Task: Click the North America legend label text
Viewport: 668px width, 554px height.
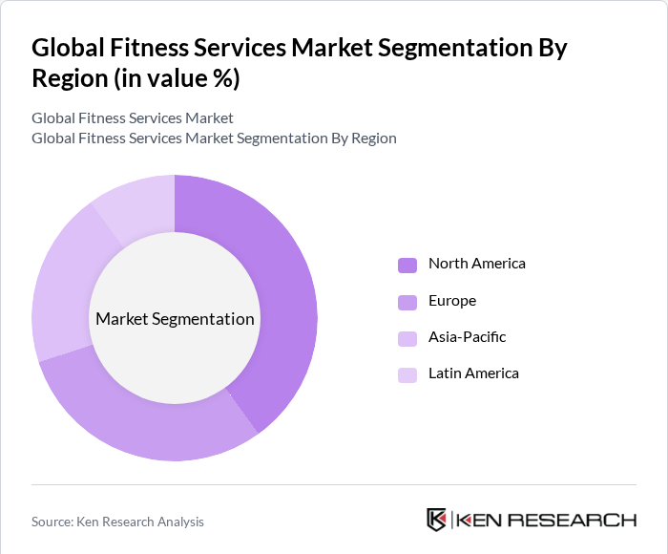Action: click(x=476, y=264)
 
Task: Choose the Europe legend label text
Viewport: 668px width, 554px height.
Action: click(x=451, y=301)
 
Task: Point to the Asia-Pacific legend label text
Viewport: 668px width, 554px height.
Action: click(x=467, y=337)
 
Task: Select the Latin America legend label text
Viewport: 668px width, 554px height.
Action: click(x=473, y=373)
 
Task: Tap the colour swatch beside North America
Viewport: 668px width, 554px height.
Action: click(x=407, y=265)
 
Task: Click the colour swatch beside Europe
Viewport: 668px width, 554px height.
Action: click(x=407, y=302)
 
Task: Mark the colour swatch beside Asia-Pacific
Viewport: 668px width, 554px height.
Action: click(x=407, y=338)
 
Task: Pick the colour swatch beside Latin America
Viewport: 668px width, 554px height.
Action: click(x=407, y=374)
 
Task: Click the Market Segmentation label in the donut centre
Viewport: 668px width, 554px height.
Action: click(x=175, y=319)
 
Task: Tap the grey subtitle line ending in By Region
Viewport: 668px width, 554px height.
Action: click(x=214, y=138)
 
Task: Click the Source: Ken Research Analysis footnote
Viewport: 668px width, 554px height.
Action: click(x=117, y=522)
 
